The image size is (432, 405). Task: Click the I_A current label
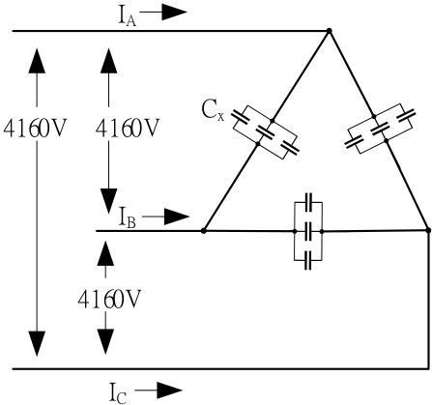pos(127,17)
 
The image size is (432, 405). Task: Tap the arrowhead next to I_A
pos(174,13)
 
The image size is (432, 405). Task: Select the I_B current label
pos(128,218)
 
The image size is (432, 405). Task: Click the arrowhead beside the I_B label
pos(177,217)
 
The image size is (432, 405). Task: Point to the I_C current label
pos(118,393)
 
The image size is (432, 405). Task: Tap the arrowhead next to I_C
pos(170,391)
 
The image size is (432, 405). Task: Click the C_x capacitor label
pos(213,110)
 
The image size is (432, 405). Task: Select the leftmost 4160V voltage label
pos(35,128)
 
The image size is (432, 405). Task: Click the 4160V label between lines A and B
pos(128,128)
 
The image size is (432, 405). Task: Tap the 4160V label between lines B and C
pos(109,300)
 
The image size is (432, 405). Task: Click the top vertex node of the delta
pos(329,31)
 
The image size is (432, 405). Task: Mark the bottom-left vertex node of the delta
pos(203,231)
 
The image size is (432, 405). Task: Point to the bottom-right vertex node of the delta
pos(428,230)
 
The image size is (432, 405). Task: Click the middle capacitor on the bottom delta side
pos(308,231)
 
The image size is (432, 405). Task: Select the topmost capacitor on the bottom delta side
pos(308,202)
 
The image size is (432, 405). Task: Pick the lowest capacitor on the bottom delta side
pos(308,260)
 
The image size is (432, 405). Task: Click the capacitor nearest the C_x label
pos(241,117)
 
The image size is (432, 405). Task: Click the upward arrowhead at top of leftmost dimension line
pos(37,61)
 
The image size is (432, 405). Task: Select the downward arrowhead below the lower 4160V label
pos(105,341)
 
